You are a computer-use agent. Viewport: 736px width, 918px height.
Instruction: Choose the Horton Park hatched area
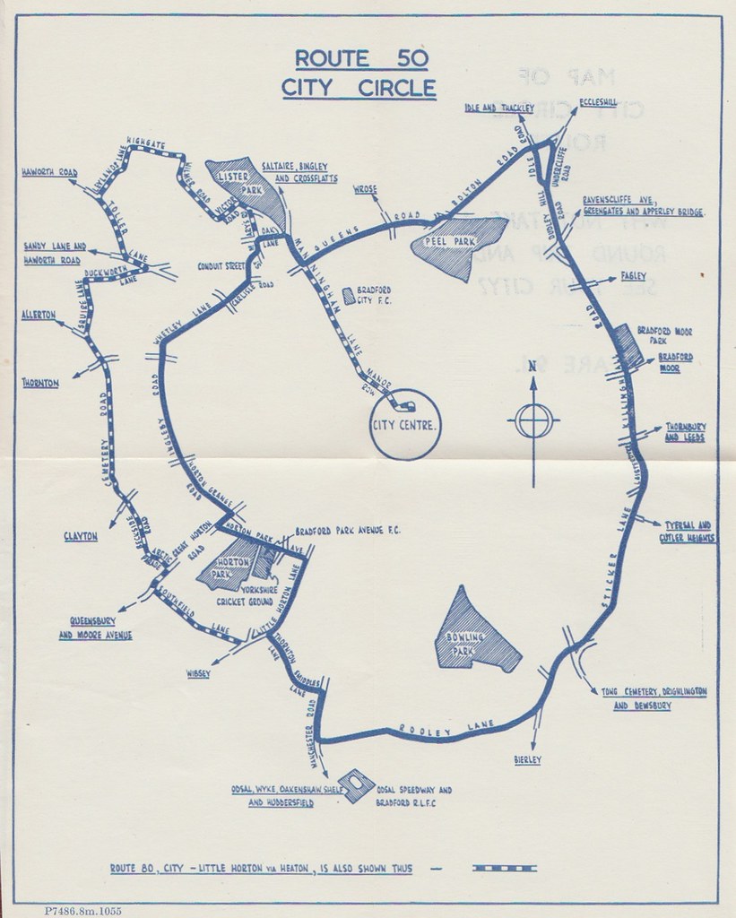pos(232,563)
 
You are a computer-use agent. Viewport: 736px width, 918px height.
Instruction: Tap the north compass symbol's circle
pos(533,420)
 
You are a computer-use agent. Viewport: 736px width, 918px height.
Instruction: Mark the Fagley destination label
pos(634,278)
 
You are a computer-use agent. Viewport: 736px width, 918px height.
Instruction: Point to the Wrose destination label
pos(367,190)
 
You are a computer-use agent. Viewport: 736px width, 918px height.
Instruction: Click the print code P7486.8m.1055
pos(82,911)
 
